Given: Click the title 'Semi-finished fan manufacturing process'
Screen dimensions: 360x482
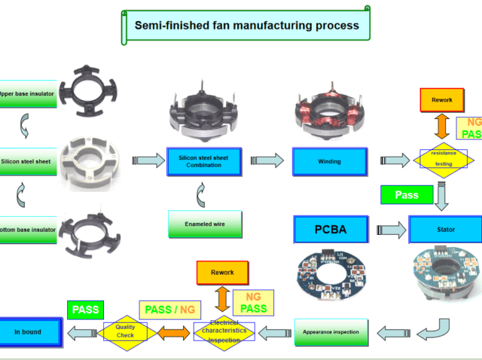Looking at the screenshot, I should (246, 25).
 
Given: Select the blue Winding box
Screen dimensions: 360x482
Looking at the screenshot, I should (330, 161).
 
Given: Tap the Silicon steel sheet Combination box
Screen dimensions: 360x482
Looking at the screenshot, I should (204, 160).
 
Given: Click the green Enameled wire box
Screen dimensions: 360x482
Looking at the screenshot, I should (204, 224).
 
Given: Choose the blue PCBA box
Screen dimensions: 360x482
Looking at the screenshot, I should (330, 228).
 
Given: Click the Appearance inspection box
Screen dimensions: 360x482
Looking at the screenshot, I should (331, 331).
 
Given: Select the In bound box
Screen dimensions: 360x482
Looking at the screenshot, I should (28, 331).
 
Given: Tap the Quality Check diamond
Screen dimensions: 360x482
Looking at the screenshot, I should (125, 331).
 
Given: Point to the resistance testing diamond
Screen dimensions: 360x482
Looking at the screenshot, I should (443, 159).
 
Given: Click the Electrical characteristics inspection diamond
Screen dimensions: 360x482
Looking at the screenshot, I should (224, 332).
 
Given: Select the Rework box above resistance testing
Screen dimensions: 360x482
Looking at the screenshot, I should (442, 100).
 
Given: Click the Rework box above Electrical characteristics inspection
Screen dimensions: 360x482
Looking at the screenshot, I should (222, 273).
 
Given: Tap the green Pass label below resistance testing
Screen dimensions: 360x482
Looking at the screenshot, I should (407, 195).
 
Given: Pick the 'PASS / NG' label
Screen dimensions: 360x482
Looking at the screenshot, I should (170, 310).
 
